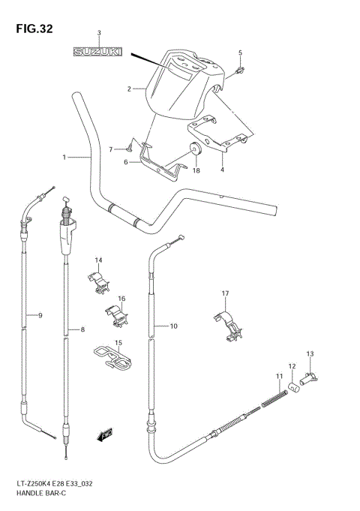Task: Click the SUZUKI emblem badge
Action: pyautogui.click(x=98, y=52)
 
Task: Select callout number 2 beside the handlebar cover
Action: pyautogui.click(x=129, y=89)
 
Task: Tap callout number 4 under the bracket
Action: pyautogui.click(x=222, y=170)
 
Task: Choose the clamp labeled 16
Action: pyautogui.click(x=115, y=314)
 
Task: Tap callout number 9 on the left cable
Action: pyautogui.click(x=40, y=315)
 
